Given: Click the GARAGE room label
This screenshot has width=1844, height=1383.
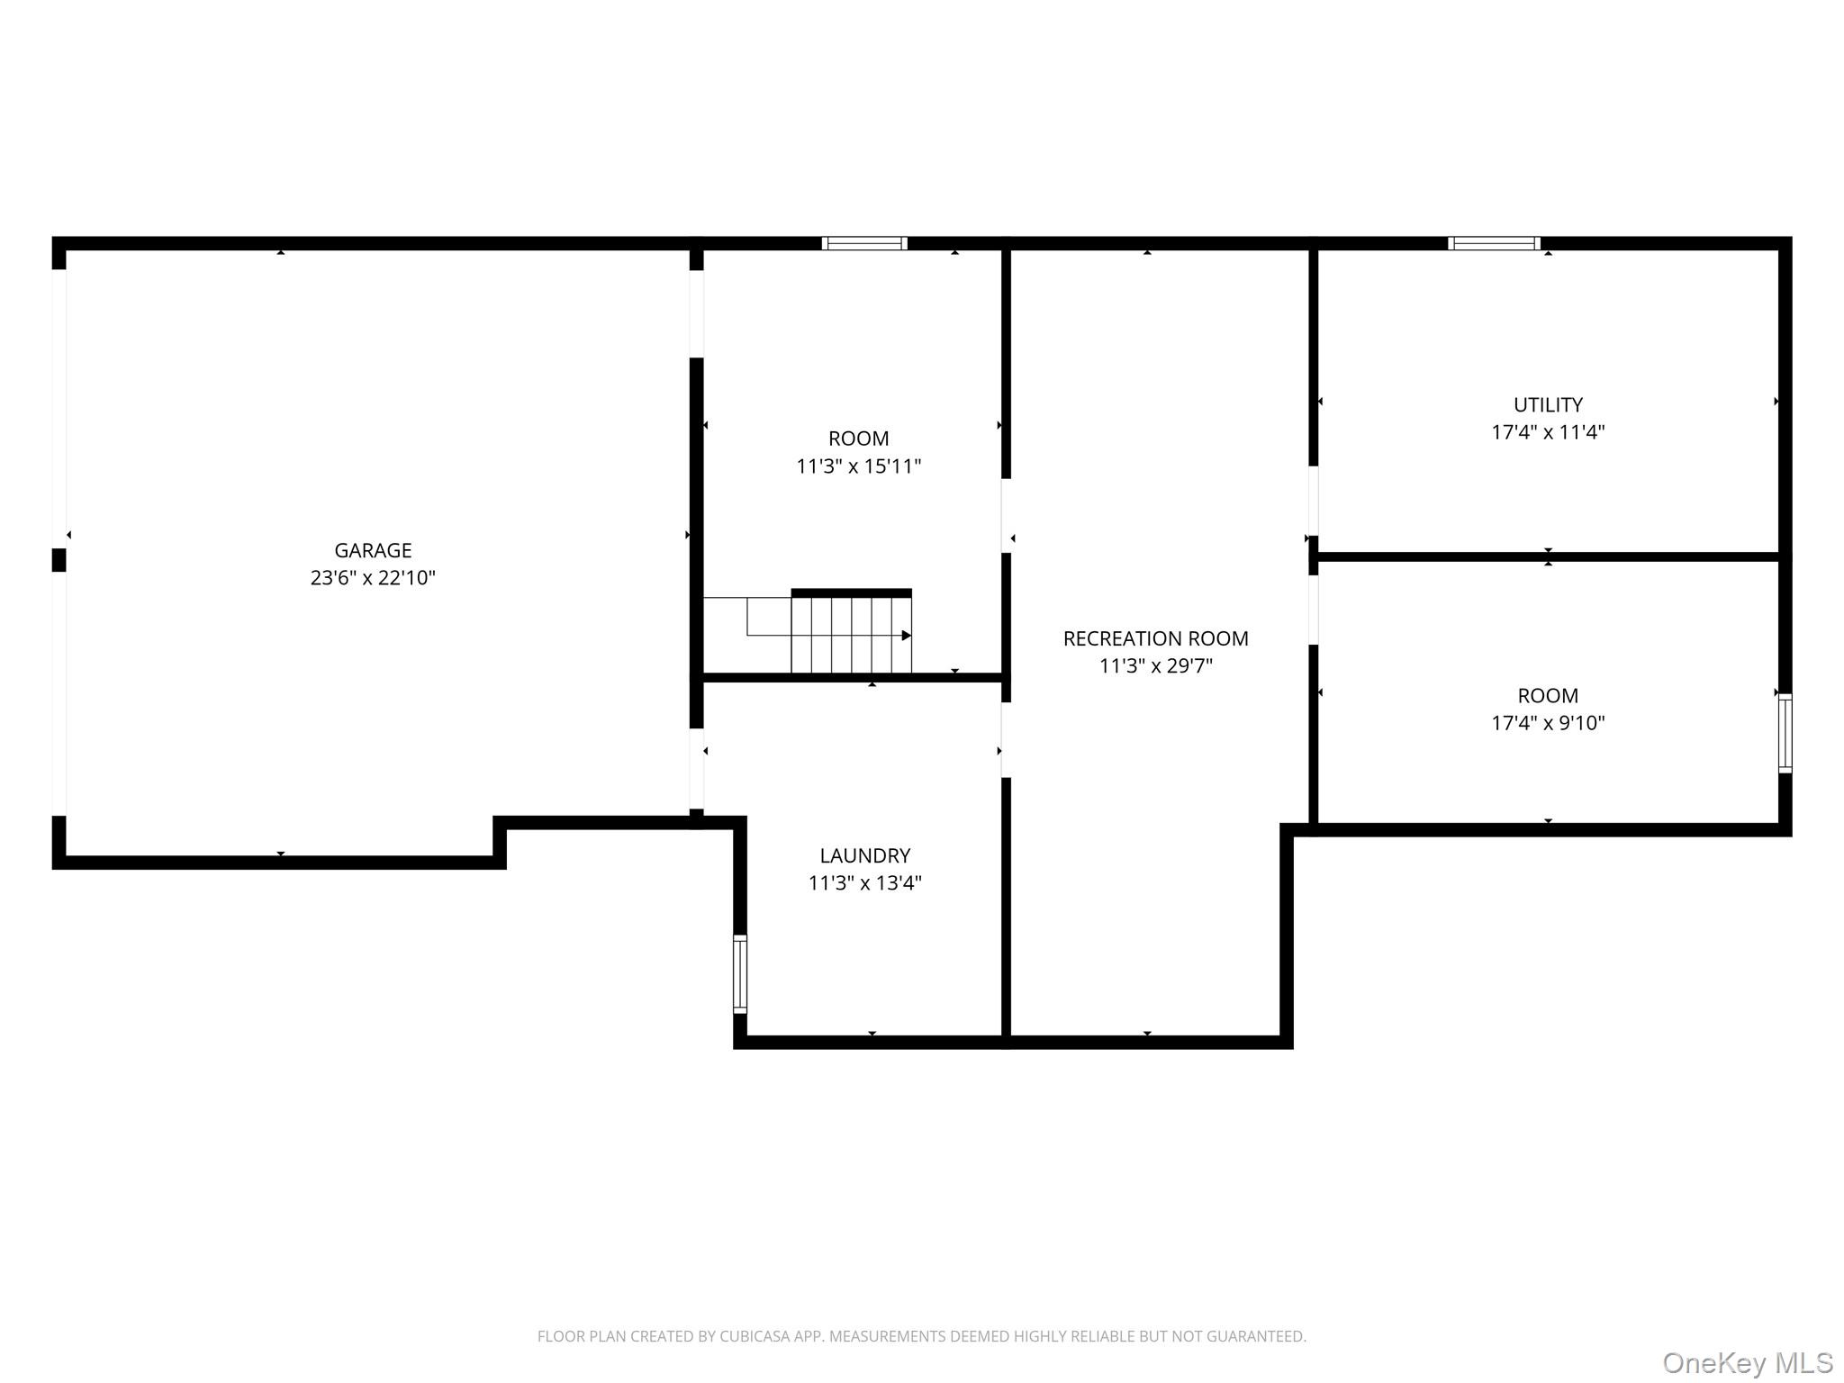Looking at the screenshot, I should (373, 550).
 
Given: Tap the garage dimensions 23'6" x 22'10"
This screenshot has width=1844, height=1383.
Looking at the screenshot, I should (373, 578).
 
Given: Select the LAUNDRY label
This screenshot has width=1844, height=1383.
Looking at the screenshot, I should (864, 855).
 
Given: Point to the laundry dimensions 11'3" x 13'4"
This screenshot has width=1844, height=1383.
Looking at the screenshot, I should (864, 883).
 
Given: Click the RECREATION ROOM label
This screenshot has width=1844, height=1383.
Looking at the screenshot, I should (1155, 638).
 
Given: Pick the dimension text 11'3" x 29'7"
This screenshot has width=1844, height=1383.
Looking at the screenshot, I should (1155, 666).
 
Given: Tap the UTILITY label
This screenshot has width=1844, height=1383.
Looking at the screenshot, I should (1548, 405).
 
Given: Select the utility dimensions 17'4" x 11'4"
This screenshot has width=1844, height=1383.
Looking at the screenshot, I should (1548, 432).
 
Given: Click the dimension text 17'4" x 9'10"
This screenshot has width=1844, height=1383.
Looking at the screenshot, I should (1548, 723).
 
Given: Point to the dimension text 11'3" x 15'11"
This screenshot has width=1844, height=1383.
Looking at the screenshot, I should (858, 466).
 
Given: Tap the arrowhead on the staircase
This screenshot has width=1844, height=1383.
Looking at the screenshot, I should (907, 636).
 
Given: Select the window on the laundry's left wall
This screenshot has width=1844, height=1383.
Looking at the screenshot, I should (740, 973).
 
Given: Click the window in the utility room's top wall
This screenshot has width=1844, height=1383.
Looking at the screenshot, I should (1494, 243).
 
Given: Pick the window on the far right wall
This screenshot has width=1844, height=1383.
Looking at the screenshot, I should (1785, 733).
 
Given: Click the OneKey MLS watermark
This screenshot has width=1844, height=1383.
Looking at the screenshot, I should (1747, 1363).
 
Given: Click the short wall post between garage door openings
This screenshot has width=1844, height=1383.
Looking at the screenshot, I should (59, 560).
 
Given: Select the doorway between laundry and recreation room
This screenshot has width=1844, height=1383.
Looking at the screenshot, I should (1006, 740).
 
